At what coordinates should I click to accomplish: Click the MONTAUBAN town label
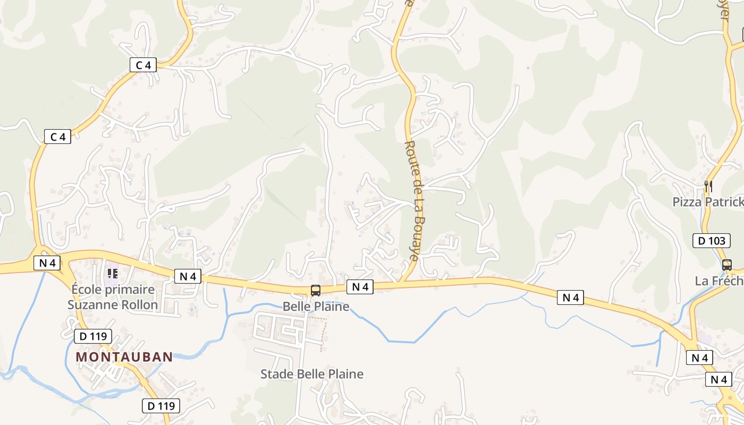click(124, 357)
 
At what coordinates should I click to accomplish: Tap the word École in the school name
click(87, 290)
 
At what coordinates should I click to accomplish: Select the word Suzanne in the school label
click(91, 305)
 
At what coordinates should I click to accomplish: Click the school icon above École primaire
click(112, 274)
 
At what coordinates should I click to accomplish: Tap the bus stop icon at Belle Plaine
click(316, 290)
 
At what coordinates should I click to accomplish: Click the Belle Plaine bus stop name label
click(316, 307)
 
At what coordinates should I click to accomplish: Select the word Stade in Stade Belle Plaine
click(276, 374)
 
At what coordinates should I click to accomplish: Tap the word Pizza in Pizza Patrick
click(687, 202)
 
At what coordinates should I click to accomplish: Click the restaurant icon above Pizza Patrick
click(708, 186)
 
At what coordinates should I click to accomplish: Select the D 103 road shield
click(711, 241)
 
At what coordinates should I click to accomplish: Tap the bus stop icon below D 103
click(726, 264)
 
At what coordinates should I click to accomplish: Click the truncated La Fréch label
click(718, 281)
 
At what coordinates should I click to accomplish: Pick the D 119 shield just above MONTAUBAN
click(93, 336)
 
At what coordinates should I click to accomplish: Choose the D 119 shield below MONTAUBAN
click(161, 406)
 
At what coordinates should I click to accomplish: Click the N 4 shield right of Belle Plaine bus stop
click(360, 287)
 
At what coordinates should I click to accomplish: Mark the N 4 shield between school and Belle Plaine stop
click(188, 276)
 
